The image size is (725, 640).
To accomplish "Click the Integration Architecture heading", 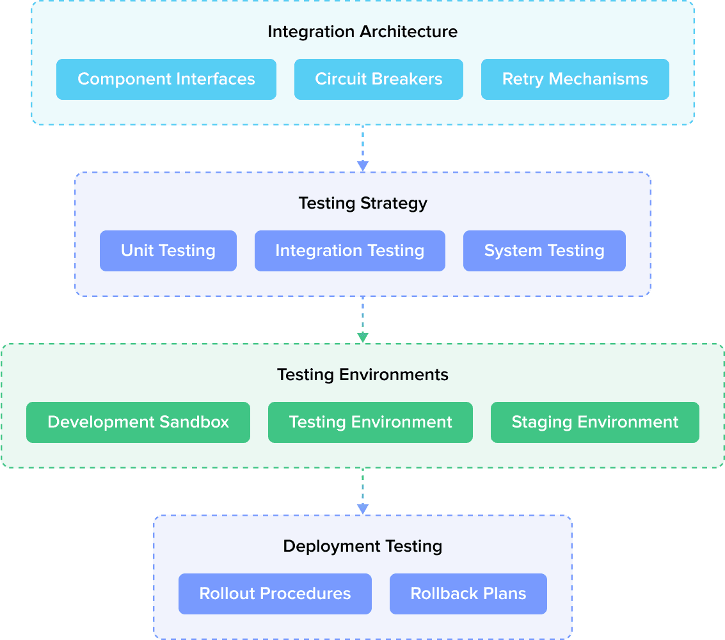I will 362,31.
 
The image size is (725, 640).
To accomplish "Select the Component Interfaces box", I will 166,79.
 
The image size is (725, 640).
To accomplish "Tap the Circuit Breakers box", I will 378,79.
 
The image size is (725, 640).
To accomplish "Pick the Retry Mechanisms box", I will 575,79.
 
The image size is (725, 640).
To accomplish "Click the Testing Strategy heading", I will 362,204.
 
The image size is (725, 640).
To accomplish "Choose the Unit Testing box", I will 168,251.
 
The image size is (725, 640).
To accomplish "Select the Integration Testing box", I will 349,251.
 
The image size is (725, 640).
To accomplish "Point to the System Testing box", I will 544,251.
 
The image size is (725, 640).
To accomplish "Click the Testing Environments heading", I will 362,374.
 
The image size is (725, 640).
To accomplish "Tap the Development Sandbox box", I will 138,422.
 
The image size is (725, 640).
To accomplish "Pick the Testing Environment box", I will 370,422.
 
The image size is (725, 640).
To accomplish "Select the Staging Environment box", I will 594,422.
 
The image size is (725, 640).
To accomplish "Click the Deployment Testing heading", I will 362,547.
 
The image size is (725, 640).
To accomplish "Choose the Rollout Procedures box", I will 275,594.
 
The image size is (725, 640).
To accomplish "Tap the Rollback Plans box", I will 468,594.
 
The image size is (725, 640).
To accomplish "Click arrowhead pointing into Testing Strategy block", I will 362,166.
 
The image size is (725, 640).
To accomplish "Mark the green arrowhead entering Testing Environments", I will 362,337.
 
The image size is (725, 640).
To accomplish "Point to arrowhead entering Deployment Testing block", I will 362,509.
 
